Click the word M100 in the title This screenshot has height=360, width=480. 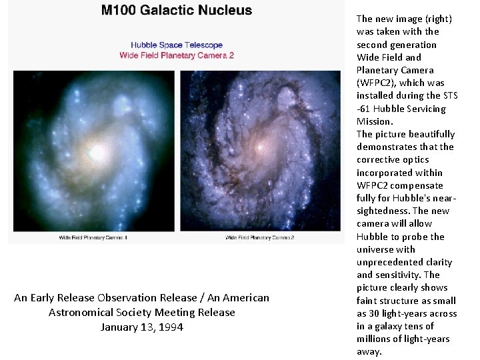121,10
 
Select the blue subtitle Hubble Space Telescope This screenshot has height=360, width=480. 177,45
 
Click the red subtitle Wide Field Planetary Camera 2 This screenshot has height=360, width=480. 177,55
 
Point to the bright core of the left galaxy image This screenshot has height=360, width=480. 97,153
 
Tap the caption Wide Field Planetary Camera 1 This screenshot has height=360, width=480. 93,237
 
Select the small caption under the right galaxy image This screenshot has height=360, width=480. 260,237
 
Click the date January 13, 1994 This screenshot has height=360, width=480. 141,327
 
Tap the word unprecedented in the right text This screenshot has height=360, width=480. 394,262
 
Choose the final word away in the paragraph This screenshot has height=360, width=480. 369,351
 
